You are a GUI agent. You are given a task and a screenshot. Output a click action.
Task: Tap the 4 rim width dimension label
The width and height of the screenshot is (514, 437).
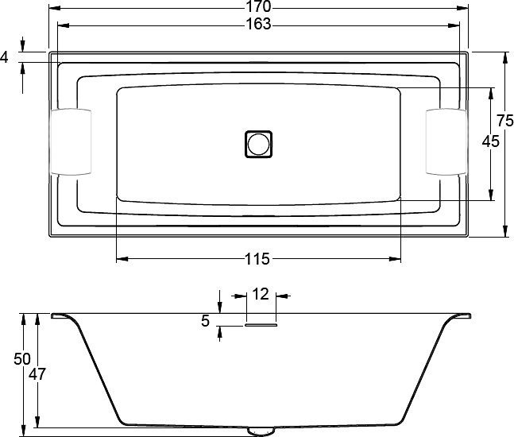[x=6, y=56]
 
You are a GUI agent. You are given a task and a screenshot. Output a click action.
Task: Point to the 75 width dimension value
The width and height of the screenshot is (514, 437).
[x=504, y=121]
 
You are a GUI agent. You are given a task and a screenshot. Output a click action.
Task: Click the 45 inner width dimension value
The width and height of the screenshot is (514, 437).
[x=490, y=141]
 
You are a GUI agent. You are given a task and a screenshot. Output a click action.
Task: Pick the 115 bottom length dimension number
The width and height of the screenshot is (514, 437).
[x=258, y=259]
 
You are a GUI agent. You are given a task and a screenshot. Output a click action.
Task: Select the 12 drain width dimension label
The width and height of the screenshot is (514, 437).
[x=260, y=294]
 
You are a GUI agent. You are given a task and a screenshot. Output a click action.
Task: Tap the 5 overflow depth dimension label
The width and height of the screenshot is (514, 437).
[x=205, y=322]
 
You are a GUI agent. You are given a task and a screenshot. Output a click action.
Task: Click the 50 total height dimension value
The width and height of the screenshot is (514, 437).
[x=22, y=359]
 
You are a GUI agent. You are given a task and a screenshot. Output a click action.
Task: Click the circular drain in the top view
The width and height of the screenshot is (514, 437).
[x=258, y=144]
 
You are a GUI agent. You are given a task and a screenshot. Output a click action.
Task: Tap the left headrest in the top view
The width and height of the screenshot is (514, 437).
[x=71, y=141]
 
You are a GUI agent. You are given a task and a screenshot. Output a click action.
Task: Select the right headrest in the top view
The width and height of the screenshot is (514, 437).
[x=446, y=141]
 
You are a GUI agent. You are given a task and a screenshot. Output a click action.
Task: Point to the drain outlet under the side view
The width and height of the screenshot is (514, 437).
[x=259, y=430]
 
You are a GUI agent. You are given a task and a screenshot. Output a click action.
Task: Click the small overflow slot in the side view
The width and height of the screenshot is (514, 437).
[x=261, y=323]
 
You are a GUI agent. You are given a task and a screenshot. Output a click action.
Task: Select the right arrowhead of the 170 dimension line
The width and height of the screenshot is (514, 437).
[x=464, y=8]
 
